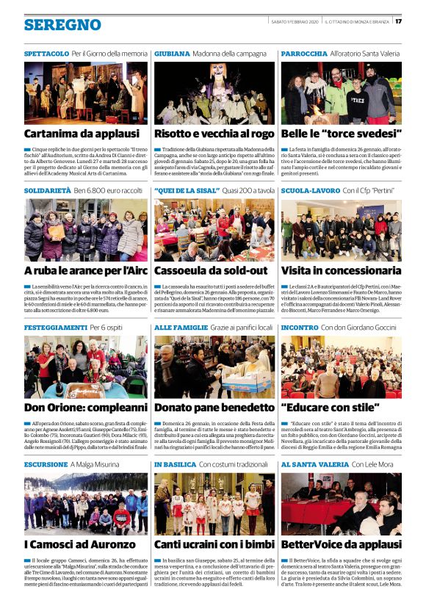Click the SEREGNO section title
(x=62, y=25)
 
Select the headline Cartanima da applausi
(x=81, y=134)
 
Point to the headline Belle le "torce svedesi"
(x=342, y=134)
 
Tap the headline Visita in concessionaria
(x=341, y=270)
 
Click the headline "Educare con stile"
(x=330, y=407)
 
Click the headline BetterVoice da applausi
(x=341, y=544)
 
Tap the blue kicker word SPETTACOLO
(x=46, y=54)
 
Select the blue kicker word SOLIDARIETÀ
(x=46, y=190)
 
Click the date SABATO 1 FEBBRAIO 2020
(x=295, y=21)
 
